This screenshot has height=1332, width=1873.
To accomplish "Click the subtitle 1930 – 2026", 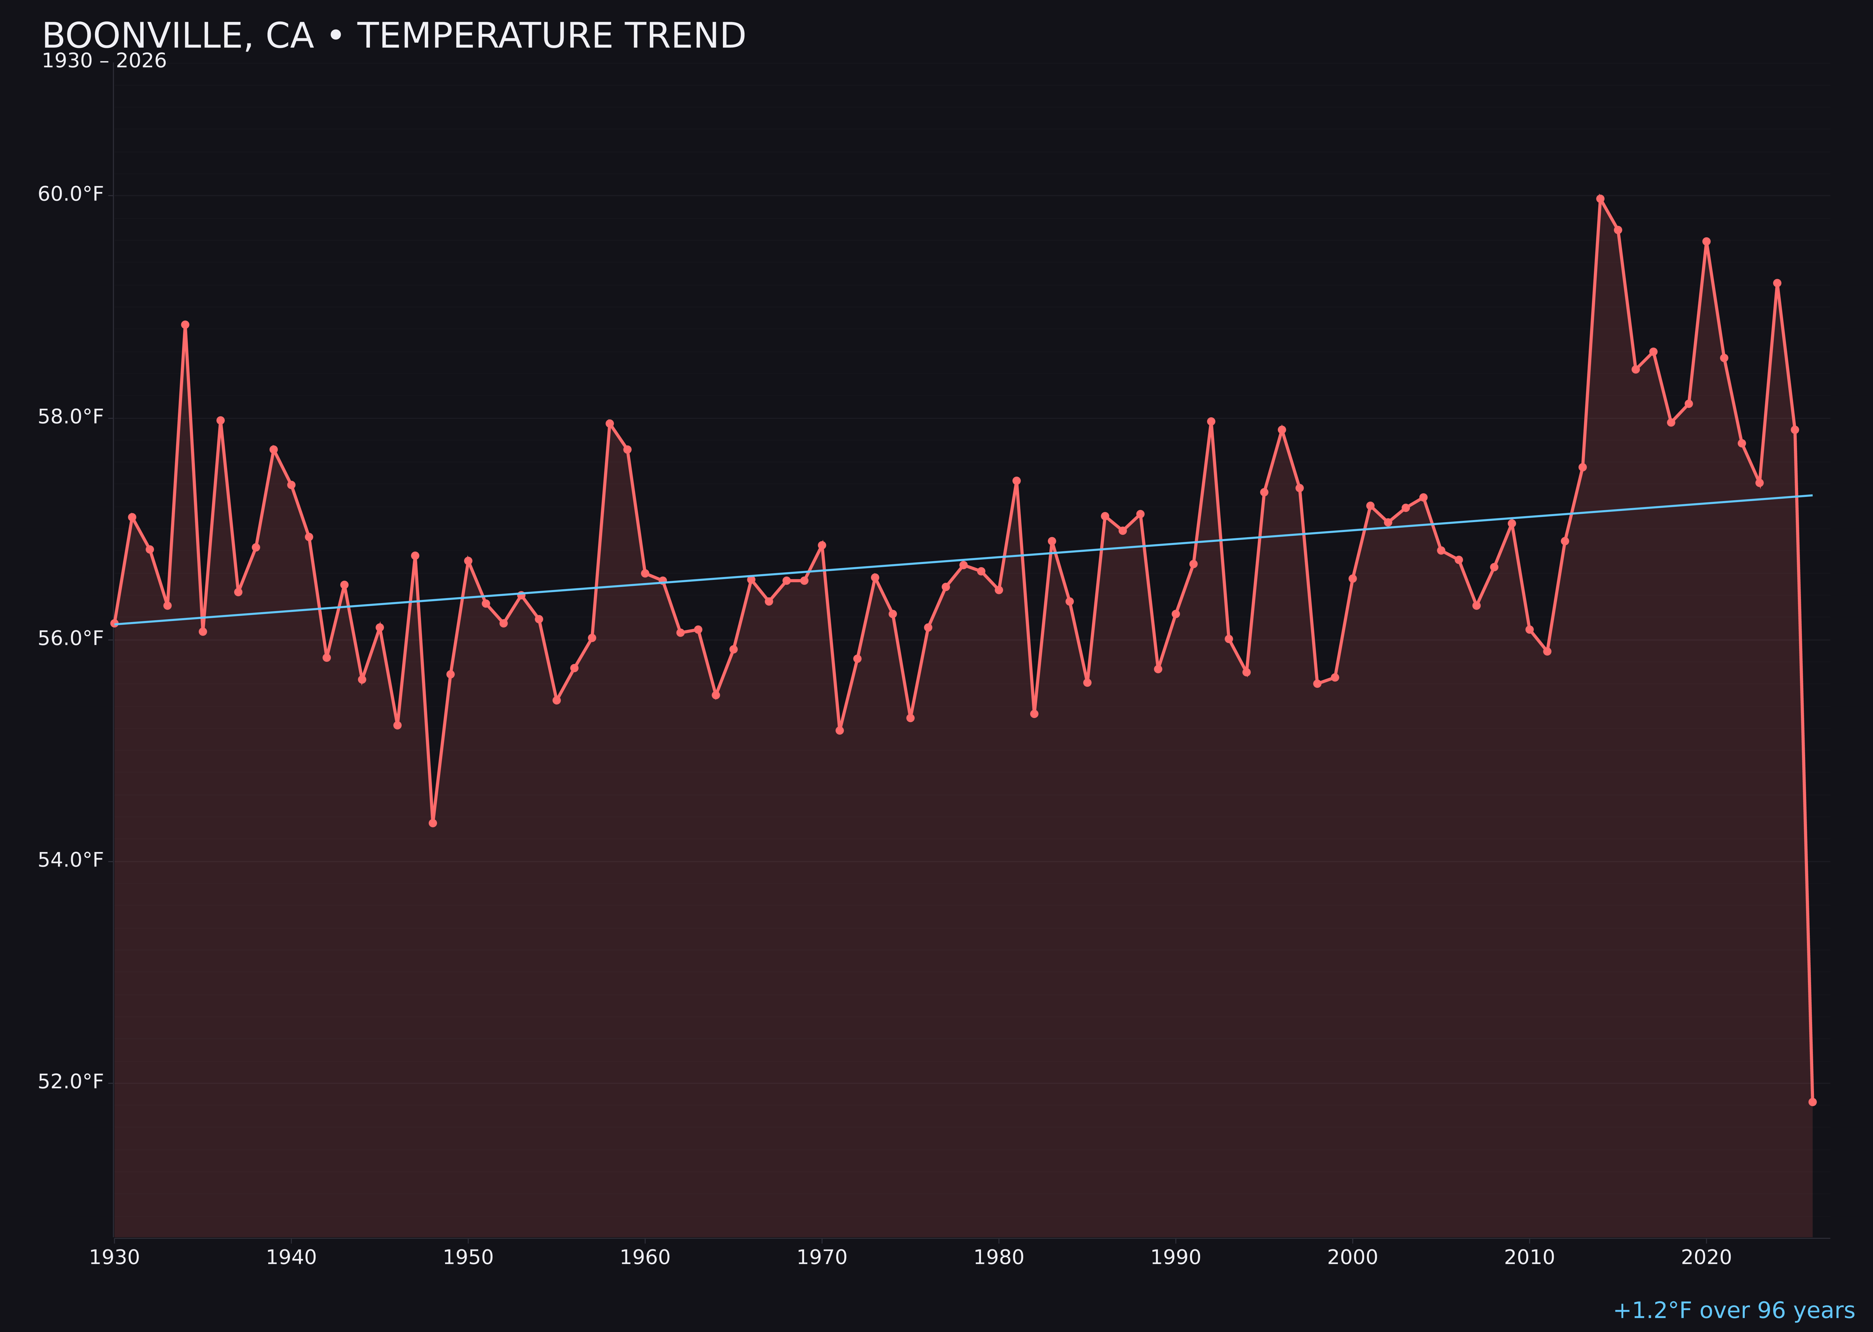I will [x=104, y=61].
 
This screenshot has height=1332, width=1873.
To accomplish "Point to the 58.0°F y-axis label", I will [x=71, y=417].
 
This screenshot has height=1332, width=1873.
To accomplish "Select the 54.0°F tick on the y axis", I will [x=71, y=859].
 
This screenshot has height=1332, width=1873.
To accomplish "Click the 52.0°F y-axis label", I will [x=71, y=1081].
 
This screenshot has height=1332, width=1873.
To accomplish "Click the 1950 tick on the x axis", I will [x=468, y=1258].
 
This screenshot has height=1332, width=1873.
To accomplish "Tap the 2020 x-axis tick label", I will [x=1706, y=1258].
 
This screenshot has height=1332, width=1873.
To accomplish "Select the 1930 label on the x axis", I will [x=115, y=1258].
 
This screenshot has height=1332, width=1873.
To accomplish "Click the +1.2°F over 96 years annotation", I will [x=1733, y=1310].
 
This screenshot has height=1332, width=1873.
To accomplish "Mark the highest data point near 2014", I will [x=1600, y=199].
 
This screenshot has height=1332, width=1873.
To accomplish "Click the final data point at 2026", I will [x=1812, y=1102].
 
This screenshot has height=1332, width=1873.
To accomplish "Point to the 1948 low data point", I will [x=433, y=822].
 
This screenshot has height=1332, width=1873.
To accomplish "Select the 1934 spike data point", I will [x=185, y=325].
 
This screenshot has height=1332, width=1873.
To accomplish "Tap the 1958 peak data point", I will [x=609, y=423].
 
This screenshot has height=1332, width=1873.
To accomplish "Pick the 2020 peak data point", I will [x=1706, y=242].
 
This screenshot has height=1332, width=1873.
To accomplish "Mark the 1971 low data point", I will [x=840, y=730].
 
